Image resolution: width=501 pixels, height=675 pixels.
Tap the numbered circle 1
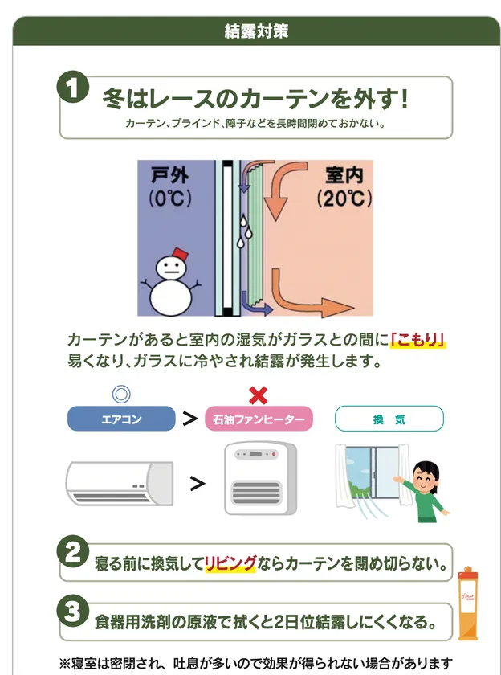pyautogui.click(x=72, y=88)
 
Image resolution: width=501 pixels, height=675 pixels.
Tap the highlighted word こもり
pyautogui.click(x=417, y=338)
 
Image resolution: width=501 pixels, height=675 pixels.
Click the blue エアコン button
pyautogui.click(x=121, y=418)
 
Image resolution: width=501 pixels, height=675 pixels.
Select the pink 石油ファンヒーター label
pyautogui.click(x=258, y=419)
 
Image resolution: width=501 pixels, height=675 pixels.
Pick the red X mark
pyautogui.click(x=258, y=395)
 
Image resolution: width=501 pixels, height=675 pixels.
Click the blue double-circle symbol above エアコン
pyautogui.click(x=121, y=394)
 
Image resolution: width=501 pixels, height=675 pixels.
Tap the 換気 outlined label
pyautogui.click(x=389, y=419)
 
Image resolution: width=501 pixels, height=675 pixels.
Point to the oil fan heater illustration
pyautogui.click(x=259, y=480)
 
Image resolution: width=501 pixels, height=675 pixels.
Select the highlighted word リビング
pyautogui.click(x=230, y=563)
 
